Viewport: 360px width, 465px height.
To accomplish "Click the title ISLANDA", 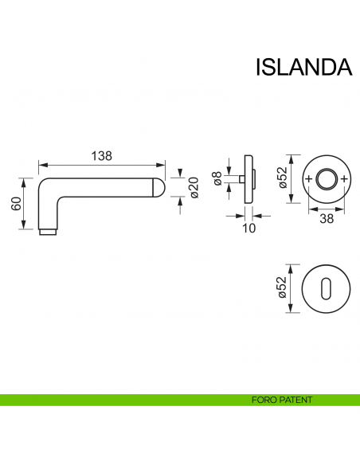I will pos(303,67).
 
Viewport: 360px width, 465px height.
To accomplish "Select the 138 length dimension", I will pos(101,157).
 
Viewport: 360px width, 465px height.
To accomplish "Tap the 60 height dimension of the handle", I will pos(15,204).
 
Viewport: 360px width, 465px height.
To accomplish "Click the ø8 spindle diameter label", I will pos(217,179).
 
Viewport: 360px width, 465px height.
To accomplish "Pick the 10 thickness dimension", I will pos(248,228).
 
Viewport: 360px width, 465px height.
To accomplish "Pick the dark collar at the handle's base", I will pos(49,232).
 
